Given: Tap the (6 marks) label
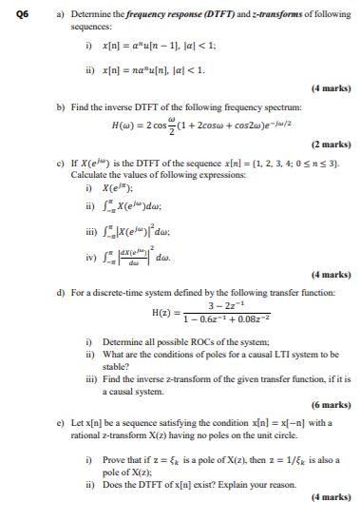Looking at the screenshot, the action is click(330, 404).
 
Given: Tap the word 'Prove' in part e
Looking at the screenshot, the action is click(114, 459).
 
